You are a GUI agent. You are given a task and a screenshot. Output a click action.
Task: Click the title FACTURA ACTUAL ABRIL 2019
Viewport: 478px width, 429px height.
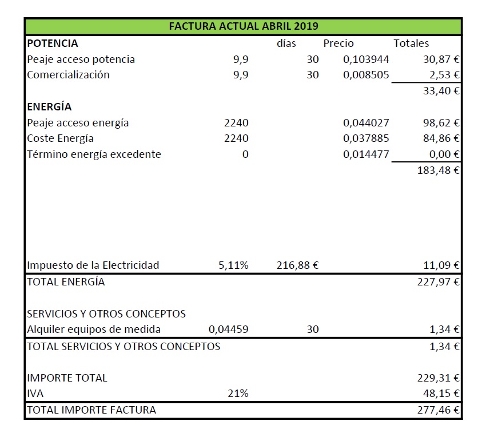244,26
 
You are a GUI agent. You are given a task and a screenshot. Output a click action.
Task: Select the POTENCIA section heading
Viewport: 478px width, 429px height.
53,43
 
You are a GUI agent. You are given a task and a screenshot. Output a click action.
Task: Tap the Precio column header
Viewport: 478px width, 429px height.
338,43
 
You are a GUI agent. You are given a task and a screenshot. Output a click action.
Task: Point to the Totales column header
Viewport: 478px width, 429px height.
411,43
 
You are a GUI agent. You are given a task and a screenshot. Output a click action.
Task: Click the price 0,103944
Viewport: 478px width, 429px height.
366,59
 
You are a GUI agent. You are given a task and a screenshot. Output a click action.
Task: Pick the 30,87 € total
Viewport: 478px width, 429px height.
441,59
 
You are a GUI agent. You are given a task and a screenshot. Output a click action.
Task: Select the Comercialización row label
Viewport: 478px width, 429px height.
68,75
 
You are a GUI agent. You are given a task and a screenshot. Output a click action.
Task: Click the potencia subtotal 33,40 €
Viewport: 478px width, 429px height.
441,90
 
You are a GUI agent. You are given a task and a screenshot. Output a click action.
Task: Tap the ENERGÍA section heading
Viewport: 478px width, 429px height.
49,107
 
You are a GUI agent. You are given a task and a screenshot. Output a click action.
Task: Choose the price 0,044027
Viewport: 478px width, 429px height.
366,122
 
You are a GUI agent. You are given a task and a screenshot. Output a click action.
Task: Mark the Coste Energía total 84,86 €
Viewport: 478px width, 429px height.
441,138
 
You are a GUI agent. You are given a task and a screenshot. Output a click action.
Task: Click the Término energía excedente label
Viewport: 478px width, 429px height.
94,154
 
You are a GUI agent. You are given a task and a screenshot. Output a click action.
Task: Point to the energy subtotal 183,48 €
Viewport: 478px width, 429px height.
438,170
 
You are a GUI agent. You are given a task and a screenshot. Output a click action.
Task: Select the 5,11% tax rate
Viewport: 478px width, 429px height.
233,265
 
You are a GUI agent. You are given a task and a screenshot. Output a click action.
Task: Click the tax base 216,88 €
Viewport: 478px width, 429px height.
297,265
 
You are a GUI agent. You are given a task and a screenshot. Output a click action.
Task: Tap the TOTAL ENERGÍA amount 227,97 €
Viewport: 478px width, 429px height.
438,282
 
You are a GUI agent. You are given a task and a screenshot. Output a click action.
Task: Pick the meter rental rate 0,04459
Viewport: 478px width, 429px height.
229,329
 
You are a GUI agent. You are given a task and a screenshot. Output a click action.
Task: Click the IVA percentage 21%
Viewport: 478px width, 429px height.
238,394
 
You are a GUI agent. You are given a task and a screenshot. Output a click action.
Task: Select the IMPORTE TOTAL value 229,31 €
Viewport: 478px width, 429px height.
438,378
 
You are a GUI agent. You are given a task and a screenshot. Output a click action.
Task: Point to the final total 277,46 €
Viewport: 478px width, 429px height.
438,410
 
